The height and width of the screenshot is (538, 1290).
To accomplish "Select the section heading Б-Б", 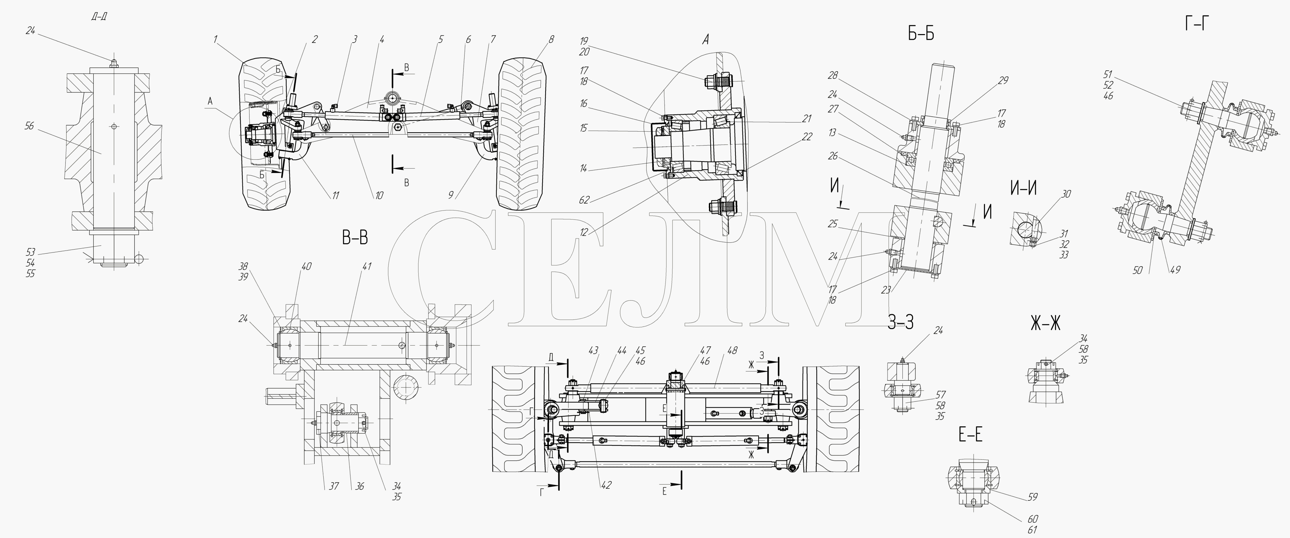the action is pos(921,33).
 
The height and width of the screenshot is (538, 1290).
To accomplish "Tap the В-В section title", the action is pos(355,239).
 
